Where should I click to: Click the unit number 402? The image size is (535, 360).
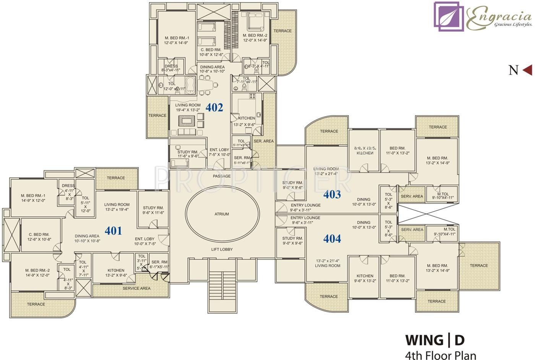214,107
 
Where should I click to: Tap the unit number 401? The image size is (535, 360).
113,230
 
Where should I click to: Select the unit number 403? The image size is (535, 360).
332,195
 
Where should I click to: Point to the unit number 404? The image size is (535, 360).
332,238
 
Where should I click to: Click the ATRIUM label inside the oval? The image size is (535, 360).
222,214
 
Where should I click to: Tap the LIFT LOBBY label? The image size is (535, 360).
222,249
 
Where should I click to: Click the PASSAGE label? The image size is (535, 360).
222,176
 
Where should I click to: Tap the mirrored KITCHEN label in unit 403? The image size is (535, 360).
365,151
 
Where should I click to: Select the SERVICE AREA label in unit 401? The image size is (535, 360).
136,288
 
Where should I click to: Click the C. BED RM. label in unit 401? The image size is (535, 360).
39,237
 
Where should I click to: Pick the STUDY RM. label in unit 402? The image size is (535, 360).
188,154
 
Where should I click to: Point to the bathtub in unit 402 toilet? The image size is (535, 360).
190,85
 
